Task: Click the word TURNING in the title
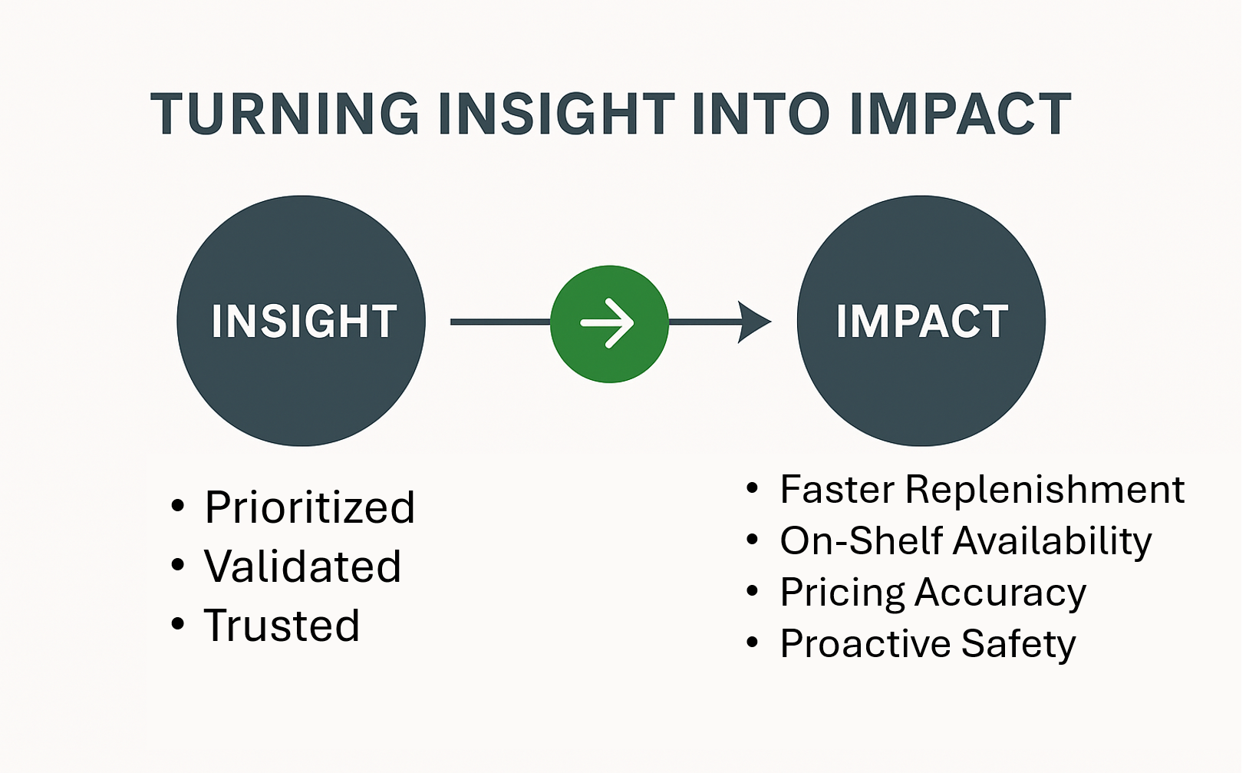coord(285,113)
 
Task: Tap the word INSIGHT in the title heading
coord(556,113)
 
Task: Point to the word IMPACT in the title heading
coord(961,113)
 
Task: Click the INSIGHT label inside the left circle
coord(304,321)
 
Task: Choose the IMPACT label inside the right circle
coord(922,321)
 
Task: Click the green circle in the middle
coord(609,324)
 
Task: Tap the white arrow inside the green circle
coord(607,323)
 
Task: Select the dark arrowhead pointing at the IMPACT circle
coord(754,322)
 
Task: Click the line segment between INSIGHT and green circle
coord(501,322)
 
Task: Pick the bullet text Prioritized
coord(309,507)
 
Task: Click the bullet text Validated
coord(302,567)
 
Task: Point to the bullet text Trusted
coord(282,625)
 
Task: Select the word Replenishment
coord(1044,490)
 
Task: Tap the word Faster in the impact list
coord(838,490)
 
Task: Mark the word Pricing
coord(842,593)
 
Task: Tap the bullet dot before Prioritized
coord(178,506)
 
